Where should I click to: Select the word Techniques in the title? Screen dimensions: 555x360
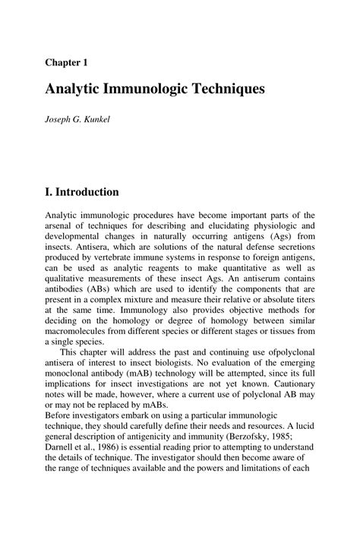click(x=227, y=89)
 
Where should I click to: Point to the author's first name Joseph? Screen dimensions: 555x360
click(x=60, y=121)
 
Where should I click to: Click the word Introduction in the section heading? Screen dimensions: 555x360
click(x=87, y=191)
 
